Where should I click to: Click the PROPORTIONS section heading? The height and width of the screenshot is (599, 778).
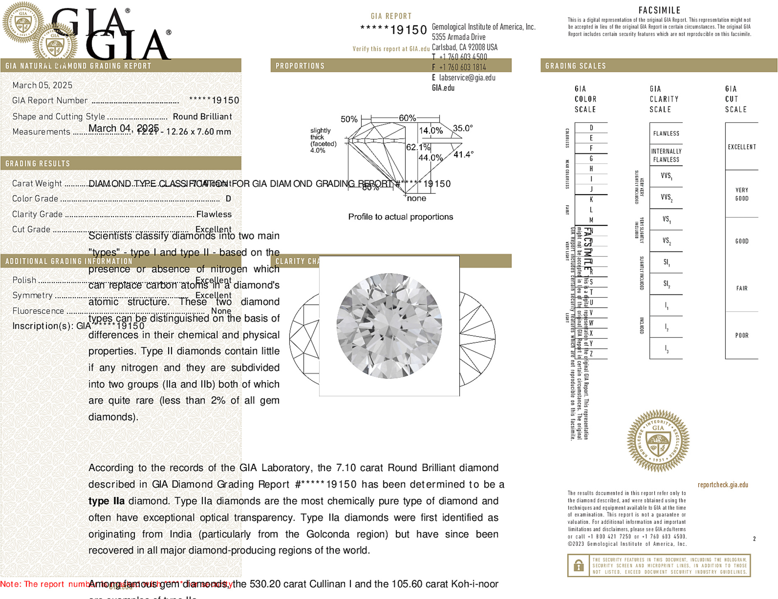300,66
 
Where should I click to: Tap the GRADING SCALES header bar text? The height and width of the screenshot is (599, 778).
575,66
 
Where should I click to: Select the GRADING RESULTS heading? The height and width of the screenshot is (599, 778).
38,164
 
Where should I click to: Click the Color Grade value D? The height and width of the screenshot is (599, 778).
228,199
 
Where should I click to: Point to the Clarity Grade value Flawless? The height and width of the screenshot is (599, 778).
214,214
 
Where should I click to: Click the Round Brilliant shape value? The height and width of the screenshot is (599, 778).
202,117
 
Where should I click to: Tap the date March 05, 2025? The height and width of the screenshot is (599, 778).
42,85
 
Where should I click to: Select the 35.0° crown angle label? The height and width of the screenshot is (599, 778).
463,128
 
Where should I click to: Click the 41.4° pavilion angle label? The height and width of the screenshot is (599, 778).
463,154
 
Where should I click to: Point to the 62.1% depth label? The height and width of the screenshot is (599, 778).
418,147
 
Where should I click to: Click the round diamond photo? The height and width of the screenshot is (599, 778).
389,326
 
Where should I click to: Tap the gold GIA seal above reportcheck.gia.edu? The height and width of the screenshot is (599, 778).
658,440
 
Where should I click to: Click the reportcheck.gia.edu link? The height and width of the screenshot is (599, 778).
723,485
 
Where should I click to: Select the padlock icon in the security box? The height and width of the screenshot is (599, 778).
578,565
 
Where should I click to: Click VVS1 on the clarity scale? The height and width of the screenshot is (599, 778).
666,176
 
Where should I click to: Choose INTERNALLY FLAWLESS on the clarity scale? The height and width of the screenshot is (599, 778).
666,155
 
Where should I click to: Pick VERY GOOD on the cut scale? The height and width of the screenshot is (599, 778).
742,194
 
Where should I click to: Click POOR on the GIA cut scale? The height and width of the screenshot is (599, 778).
742,335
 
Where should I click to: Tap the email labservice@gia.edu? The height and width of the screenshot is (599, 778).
467,78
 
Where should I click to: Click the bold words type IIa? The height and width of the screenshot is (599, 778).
106,501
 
